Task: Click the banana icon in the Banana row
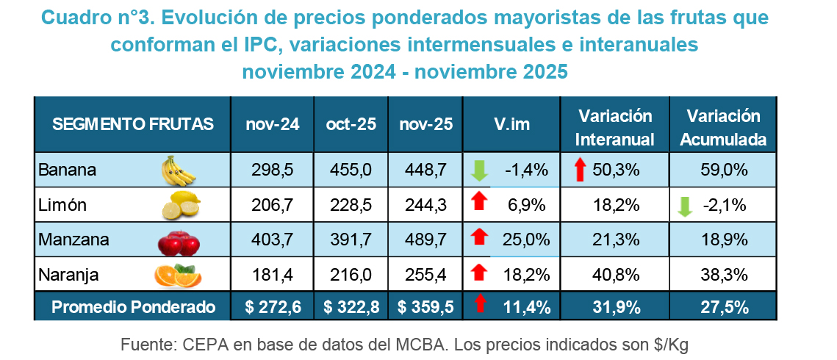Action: pyautogui.click(x=179, y=170)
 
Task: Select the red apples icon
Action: pyautogui.click(x=178, y=240)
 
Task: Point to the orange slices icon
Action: pyautogui.click(x=178, y=275)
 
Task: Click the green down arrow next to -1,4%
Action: pyautogui.click(x=479, y=170)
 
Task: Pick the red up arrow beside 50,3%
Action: pyautogui.click(x=581, y=170)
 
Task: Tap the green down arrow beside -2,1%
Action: pyautogui.click(x=685, y=206)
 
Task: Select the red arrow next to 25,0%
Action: pyautogui.click(x=479, y=238)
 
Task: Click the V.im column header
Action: pyautogui.click(x=511, y=125)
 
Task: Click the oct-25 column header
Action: pyautogui.click(x=351, y=125)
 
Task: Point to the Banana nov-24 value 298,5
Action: pyautogui.click(x=273, y=170)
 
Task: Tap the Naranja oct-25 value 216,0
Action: pyautogui.click(x=351, y=275)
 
